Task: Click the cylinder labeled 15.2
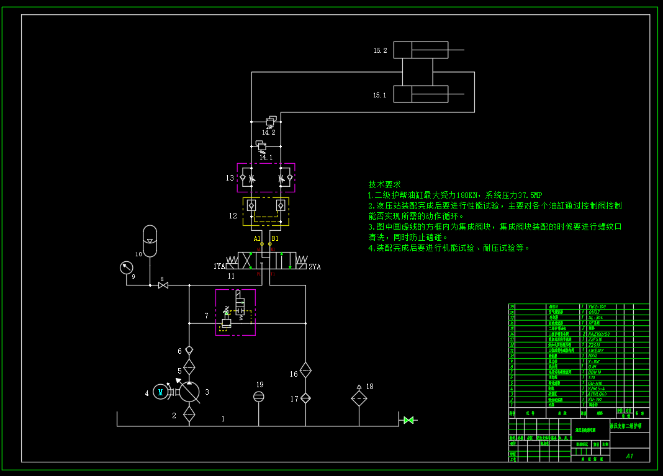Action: click(421, 50)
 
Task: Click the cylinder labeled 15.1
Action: click(421, 94)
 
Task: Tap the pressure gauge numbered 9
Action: click(127, 267)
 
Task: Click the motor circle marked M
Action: click(161, 391)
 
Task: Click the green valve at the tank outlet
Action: click(408, 420)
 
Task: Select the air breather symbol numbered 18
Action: click(359, 398)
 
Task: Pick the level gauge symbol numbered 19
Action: click(259, 396)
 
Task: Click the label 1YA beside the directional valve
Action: click(220, 266)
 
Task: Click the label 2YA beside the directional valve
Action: click(315, 266)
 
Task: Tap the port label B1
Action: click(275, 238)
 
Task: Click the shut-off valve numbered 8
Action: click(163, 285)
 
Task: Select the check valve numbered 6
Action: click(189, 350)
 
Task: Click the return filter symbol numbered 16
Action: click(305, 370)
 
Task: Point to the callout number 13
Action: click(230, 178)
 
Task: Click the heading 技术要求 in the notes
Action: click(384, 184)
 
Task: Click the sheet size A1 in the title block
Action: click(629, 456)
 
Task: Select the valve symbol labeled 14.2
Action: click(271, 122)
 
